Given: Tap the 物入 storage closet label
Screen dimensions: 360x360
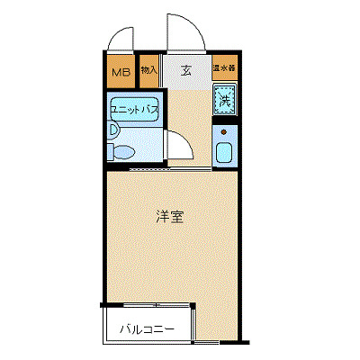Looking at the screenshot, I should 149,70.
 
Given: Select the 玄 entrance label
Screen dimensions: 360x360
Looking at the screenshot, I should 185,70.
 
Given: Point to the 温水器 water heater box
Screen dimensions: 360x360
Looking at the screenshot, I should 224,68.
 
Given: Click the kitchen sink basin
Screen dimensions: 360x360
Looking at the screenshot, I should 224,151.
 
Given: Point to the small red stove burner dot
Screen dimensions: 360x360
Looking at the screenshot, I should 222,130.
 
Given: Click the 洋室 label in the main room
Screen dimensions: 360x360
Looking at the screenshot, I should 170,217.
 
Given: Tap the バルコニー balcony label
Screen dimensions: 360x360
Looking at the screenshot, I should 147,329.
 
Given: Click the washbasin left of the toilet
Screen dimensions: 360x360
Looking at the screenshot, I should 112,130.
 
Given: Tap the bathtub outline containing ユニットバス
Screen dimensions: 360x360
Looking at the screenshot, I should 134,110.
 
